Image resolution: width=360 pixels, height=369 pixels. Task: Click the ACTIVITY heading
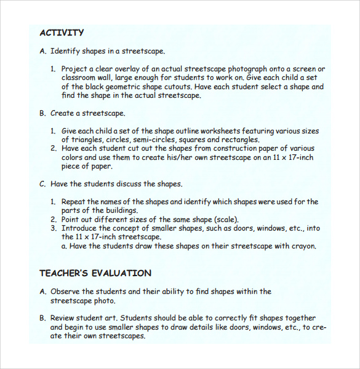(62, 33)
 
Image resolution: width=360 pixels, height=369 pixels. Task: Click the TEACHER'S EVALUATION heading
(95, 273)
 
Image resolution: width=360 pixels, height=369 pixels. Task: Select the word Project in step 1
(74, 69)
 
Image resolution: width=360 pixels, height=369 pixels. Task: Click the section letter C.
(42, 184)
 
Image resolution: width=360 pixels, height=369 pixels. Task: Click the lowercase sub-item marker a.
(64, 246)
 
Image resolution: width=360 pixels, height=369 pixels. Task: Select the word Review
(63, 319)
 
